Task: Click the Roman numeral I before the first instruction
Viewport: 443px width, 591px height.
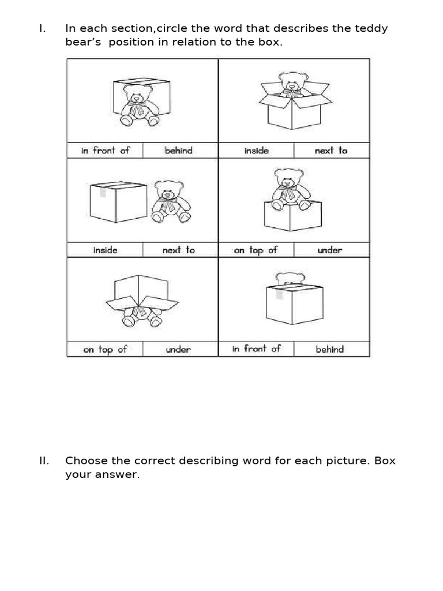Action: [x=42, y=29]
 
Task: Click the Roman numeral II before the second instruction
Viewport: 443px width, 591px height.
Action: [x=44, y=461]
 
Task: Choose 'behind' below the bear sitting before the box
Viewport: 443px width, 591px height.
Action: [x=178, y=151]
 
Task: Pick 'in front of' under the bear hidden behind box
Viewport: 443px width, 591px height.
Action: [x=256, y=349]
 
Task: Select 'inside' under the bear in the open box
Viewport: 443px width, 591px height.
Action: [x=256, y=151]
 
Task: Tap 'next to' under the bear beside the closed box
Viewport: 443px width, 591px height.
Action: [x=178, y=250]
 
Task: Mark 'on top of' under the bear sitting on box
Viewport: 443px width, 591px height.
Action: [x=256, y=250]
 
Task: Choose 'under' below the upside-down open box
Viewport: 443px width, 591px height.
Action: [x=178, y=349]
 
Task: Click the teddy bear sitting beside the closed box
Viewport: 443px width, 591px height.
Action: [x=170, y=202]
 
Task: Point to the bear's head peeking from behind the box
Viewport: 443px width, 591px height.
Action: [x=290, y=278]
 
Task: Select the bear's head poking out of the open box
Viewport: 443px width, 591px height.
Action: [x=293, y=82]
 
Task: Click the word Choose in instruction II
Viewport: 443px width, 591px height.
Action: [x=84, y=461]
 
